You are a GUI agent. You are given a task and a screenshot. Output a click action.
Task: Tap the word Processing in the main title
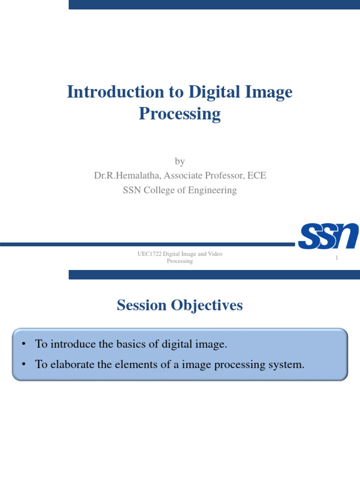180,114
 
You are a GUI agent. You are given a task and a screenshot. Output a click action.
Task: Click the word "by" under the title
180,162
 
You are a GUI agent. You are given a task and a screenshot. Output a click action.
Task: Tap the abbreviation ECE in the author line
257,176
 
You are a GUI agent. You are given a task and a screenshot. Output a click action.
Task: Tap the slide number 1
337,258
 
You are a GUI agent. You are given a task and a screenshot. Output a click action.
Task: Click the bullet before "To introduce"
22,345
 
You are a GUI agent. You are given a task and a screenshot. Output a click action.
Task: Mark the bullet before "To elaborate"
22,364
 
